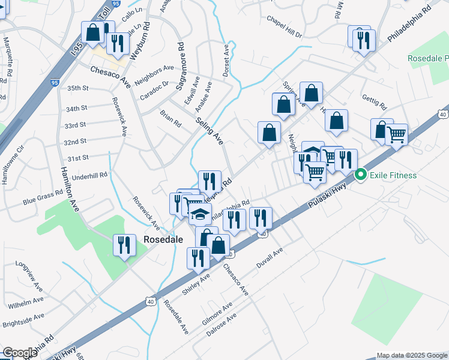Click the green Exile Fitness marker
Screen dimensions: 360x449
tap(361, 175)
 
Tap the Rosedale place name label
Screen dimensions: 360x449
tap(163, 239)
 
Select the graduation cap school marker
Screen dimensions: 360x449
tap(200, 214)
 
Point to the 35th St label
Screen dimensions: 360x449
tap(78, 88)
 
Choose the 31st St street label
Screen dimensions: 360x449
tap(77, 158)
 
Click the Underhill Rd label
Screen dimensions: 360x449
tap(89, 176)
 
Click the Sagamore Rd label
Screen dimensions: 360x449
tap(179, 66)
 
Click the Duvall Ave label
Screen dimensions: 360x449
tap(270, 257)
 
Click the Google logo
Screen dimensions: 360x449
tap(20, 353)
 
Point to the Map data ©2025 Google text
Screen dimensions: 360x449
tap(412, 355)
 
